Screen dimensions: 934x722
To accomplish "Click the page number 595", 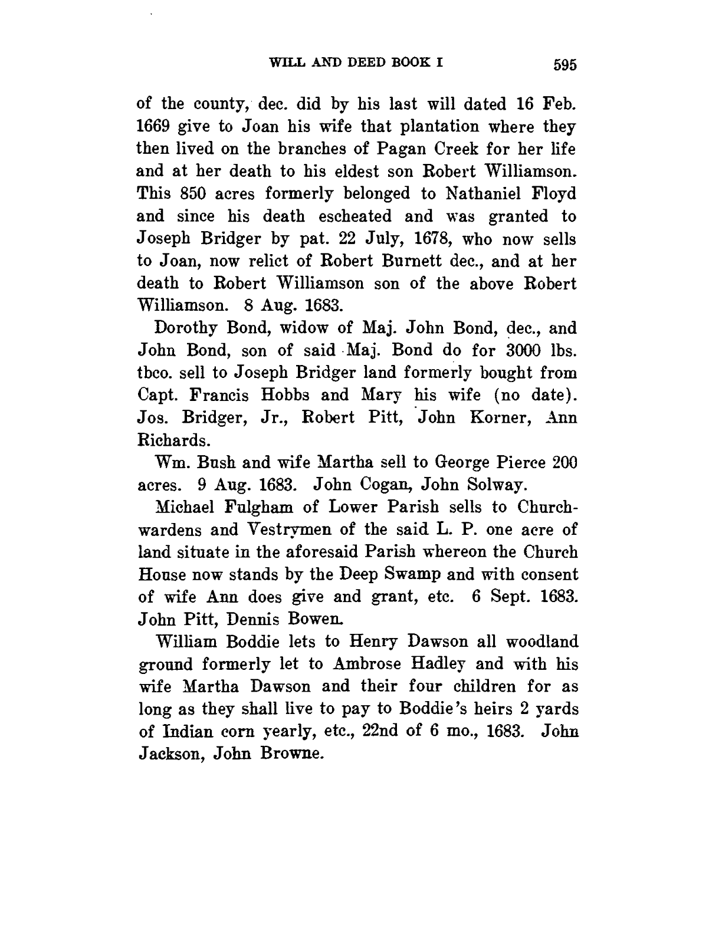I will tap(565, 64).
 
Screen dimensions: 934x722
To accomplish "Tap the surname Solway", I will tap(495, 485).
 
